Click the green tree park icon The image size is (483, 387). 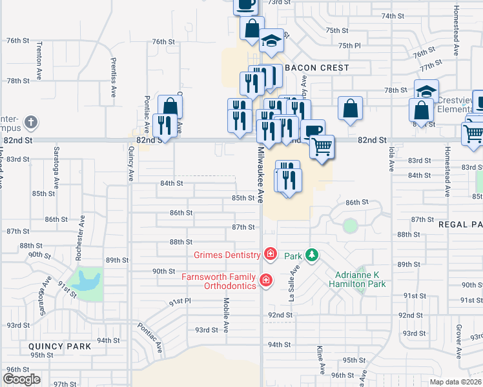[x=312, y=255]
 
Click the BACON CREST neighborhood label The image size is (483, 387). [x=316, y=68]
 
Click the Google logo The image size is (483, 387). [x=21, y=379]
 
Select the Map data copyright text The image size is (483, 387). [x=456, y=382]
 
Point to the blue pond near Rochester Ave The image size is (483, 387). [x=86, y=281]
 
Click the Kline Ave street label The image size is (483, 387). [x=320, y=360]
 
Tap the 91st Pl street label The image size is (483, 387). [x=180, y=301]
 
